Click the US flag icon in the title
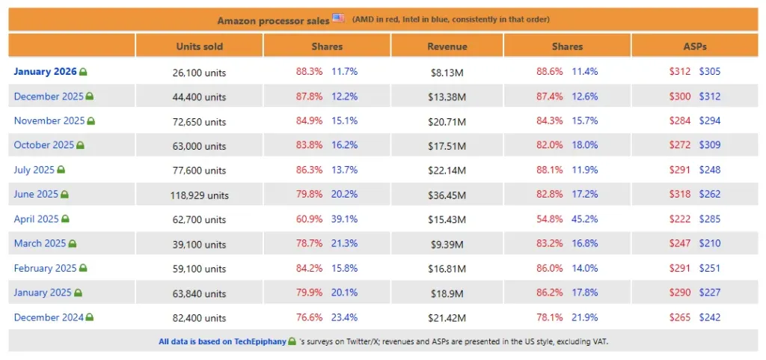pos(338,19)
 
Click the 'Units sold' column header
pos(200,46)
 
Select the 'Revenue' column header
pos(447,46)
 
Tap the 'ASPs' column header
pos(695,46)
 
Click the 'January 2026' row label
pos(45,72)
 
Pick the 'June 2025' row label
pos(36,195)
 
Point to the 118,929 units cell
pos(200,195)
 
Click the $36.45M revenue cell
pos(447,195)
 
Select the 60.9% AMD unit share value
pos(310,219)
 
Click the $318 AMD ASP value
pos(679,195)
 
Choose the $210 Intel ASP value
pos(710,244)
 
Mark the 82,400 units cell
pos(200,318)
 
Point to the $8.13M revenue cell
pos(447,73)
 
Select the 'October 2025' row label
pos(43,145)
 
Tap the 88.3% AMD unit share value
pos(310,72)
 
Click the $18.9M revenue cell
pos(447,293)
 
